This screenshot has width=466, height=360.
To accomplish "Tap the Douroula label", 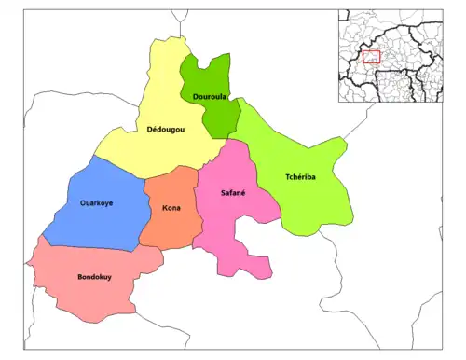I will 206,97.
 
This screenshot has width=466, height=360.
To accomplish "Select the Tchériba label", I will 300,177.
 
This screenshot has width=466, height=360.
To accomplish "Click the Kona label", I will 171,208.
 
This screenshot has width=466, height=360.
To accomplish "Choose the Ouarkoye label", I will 97,202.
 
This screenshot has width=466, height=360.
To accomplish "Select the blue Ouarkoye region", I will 93,224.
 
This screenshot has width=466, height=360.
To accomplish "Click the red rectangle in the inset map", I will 371,57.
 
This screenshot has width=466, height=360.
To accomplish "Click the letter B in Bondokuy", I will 79,277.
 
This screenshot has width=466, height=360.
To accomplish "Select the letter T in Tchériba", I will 287,177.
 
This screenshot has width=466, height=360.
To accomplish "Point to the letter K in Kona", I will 164,208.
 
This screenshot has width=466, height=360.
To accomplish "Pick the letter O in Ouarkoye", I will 83,202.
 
